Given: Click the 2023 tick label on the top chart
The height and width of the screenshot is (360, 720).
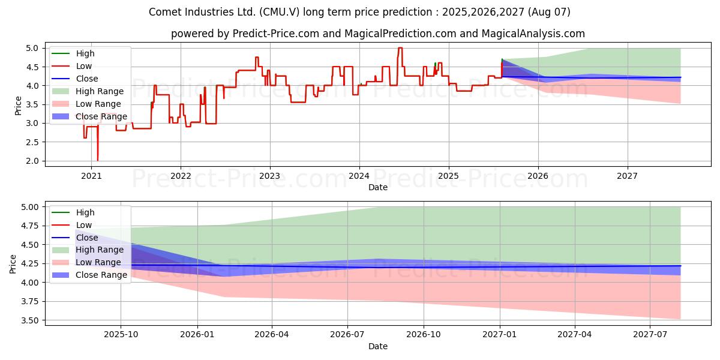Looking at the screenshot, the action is coord(269,176).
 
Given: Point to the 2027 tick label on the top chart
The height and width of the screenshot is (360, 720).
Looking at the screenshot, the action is coord(627,176).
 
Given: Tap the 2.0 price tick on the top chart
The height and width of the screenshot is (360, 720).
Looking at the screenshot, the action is coord(32,161).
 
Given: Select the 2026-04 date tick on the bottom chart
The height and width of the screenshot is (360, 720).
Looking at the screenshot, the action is coord(272,335).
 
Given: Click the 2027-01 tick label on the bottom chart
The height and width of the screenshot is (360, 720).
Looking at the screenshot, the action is coord(499,335).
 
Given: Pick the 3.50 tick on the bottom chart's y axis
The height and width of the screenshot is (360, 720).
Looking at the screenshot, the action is coord(29,320).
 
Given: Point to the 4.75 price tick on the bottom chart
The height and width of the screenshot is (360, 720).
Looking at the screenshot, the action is coord(29,226).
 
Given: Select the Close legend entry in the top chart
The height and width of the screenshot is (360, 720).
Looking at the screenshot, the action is coord(75,79).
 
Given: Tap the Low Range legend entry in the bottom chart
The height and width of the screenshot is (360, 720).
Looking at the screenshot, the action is coord(87,262).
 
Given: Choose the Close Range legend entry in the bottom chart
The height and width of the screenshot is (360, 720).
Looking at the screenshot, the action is coord(89,275).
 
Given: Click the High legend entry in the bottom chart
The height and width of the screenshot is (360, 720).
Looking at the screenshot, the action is coord(73,212).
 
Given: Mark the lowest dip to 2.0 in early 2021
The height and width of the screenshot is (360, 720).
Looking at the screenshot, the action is coord(98,160).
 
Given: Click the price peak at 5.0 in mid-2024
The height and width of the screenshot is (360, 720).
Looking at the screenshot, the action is coord(400,48).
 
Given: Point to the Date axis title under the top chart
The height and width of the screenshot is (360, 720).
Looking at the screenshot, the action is coord(377,187).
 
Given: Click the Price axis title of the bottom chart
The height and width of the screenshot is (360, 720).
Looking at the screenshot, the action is coord(13,264).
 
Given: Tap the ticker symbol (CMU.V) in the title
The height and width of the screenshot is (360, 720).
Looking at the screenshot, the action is coord(280,12).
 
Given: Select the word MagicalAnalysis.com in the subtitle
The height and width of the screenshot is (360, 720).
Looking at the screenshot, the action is coord(533,34).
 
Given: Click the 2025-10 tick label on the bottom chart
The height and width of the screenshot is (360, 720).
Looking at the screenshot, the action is coord(121,335).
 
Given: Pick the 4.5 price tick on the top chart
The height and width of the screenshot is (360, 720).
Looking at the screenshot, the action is coord(32,67).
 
